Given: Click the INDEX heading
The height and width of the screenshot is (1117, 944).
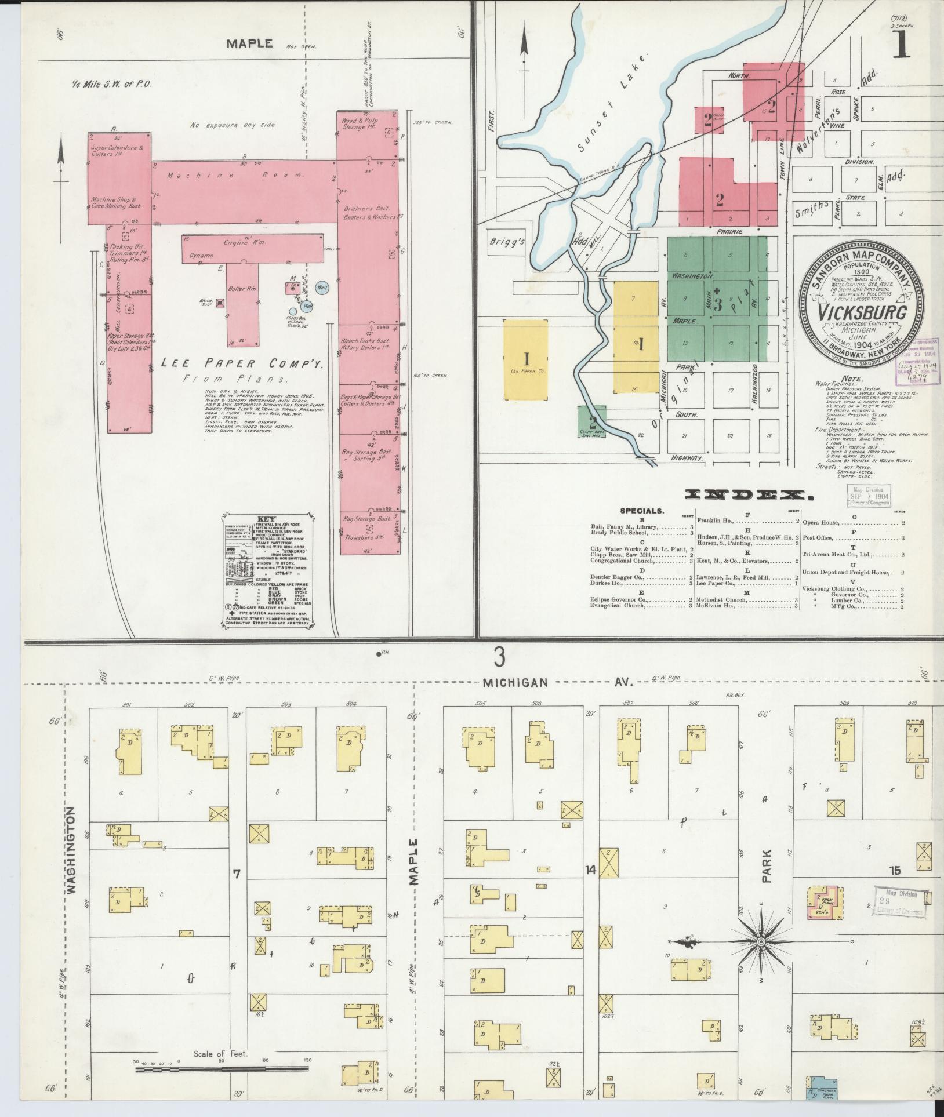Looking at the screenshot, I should pyautogui.click(x=747, y=495).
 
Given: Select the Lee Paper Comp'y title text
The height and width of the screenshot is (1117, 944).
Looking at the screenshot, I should pyautogui.click(x=242, y=364).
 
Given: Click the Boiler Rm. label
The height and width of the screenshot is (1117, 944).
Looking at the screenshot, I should pyautogui.click(x=245, y=289).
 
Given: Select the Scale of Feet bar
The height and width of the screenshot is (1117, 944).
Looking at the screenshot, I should pyautogui.click(x=223, y=1068).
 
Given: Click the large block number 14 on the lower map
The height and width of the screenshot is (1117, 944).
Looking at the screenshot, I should pyautogui.click(x=591, y=869).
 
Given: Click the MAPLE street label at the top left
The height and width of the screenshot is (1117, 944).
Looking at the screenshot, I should pyautogui.click(x=249, y=43).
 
